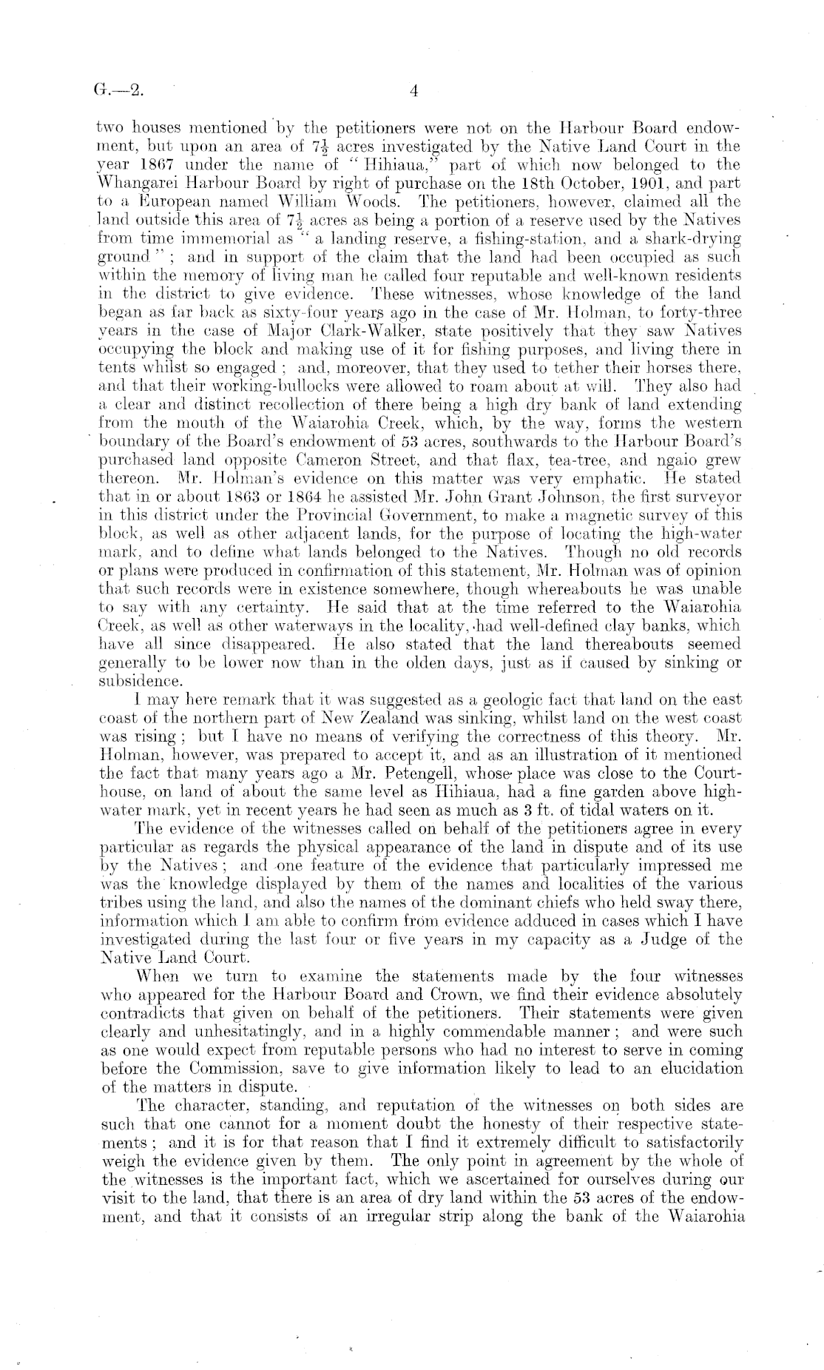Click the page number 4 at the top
413,92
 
